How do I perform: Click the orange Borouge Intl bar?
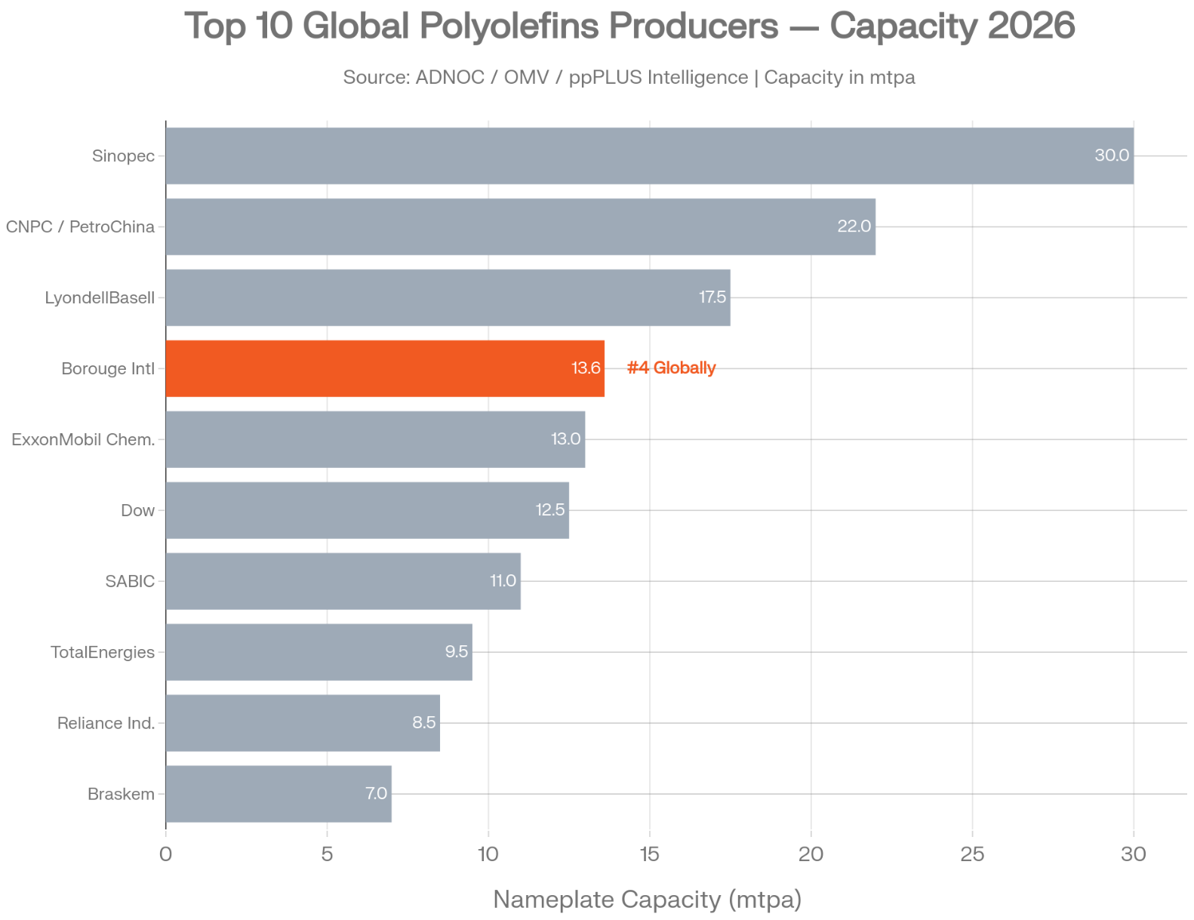tap(384, 368)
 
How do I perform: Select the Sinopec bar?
tap(649, 155)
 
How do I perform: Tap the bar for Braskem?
tap(278, 794)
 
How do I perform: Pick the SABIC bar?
tap(343, 581)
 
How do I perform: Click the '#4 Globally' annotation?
tap(671, 368)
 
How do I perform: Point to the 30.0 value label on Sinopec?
tap(1112, 155)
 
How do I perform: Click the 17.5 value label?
tap(712, 297)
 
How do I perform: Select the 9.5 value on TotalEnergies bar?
tap(457, 652)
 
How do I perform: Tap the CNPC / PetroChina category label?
tap(80, 227)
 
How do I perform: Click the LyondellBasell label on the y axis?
tap(100, 298)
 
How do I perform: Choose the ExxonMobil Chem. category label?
tap(83, 440)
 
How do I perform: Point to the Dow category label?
tap(137, 511)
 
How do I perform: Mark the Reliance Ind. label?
tap(106, 724)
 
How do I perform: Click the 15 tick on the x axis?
tap(650, 854)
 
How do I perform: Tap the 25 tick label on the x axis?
tap(972, 854)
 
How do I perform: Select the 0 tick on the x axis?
tap(166, 854)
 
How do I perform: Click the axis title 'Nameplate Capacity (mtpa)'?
tap(647, 900)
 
